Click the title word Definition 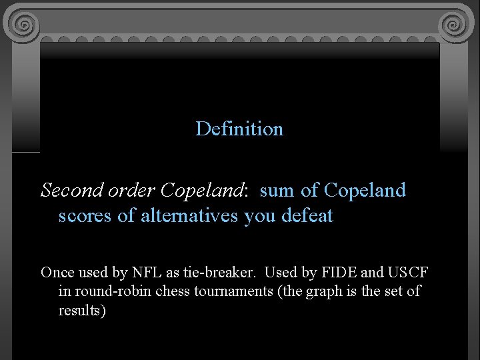239,129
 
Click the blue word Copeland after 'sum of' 365,191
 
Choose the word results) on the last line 82,311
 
